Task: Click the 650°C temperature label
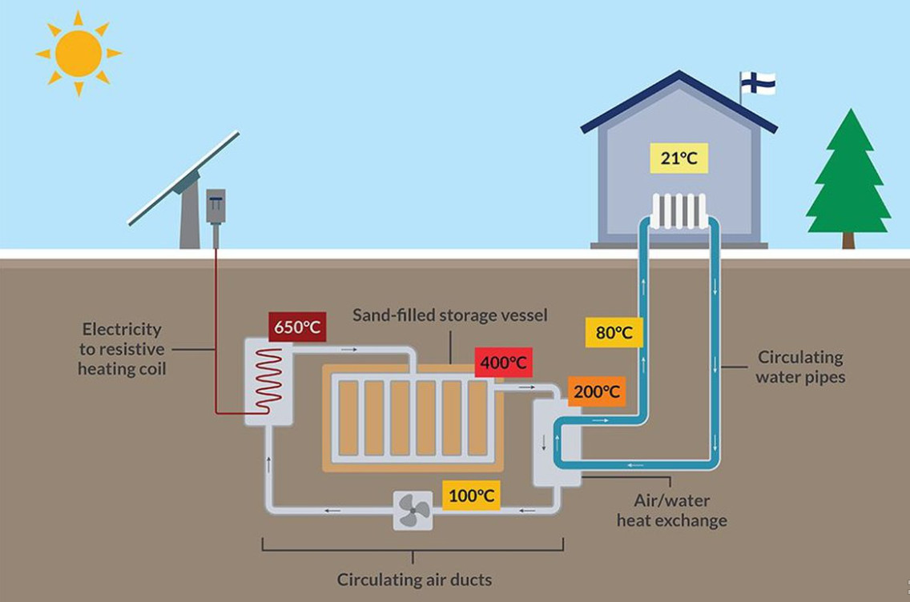(297, 327)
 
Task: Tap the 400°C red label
(503, 363)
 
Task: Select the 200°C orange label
(597, 391)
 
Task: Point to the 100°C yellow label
(471, 496)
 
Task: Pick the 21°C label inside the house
(679, 159)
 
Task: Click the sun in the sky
(79, 54)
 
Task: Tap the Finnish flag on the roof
(757, 82)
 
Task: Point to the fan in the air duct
(413, 510)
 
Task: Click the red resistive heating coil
(268, 381)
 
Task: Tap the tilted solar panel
(183, 178)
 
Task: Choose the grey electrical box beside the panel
(215, 206)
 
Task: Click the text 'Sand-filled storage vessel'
(450, 315)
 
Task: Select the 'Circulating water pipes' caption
(800, 367)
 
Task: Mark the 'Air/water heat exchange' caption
(671, 511)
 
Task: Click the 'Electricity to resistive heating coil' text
(122, 349)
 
